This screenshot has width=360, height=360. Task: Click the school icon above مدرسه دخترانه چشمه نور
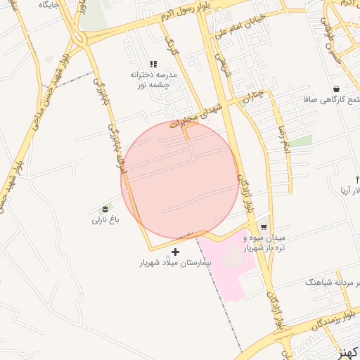pos(153,65)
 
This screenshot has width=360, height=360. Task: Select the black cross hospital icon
pos(175,251)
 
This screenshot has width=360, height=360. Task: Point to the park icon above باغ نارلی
pos(105,208)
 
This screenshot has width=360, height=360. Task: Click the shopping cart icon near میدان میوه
pos(263,227)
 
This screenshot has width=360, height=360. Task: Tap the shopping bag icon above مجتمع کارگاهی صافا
pos(336,89)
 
